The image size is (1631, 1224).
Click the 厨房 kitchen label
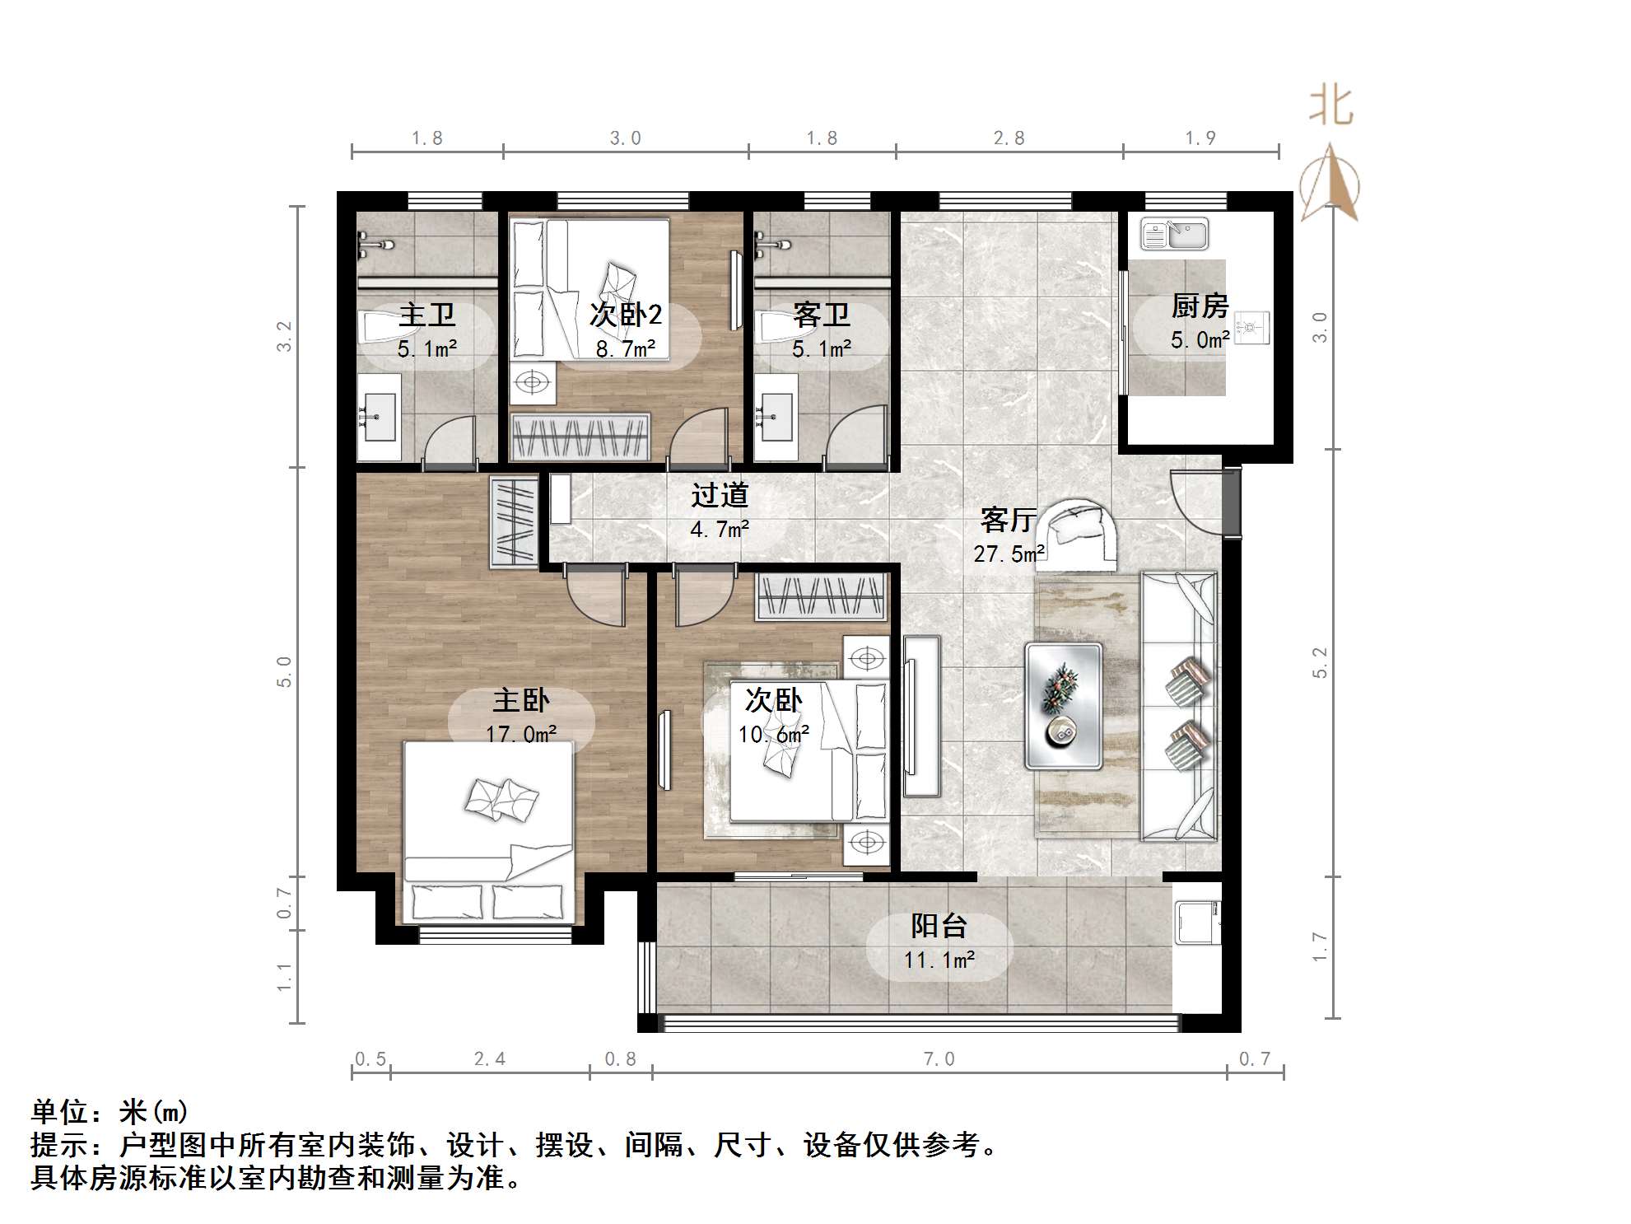tap(1200, 306)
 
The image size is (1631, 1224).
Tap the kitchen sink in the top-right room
tap(1174, 234)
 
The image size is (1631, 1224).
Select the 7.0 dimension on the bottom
tap(938, 1059)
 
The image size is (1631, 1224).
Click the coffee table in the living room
tap(1063, 706)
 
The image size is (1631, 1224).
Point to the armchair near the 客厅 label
tap(1075, 535)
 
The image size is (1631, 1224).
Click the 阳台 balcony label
tap(938, 926)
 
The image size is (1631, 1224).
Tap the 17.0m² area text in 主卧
tap(520, 733)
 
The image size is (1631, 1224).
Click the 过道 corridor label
tap(719, 495)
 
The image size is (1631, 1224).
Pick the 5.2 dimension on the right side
tap(1320, 662)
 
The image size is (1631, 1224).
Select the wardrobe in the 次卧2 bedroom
tap(580, 437)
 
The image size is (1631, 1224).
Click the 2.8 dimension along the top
tap(1009, 138)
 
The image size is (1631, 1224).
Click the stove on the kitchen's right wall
tap(1251, 328)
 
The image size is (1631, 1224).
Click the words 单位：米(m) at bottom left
tap(110, 1112)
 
